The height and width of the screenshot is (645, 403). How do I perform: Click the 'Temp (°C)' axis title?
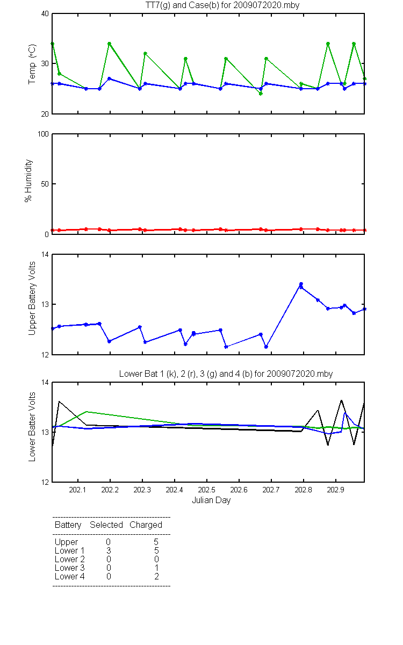pos(32,64)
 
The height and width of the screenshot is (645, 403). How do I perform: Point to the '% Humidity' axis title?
pos(28,181)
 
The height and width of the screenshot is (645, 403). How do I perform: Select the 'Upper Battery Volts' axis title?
pos(32,298)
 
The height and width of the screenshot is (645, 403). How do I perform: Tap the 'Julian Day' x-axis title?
pos(211,500)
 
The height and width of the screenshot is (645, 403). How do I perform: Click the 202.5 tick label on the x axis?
pos(207,490)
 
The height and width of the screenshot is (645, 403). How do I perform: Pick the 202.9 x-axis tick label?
pos(336,490)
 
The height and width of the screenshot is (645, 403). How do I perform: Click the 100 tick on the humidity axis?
pos(43,134)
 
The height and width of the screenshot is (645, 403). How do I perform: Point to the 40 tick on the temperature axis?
pos(45,14)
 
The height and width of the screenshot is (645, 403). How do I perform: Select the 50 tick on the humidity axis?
pos(45,184)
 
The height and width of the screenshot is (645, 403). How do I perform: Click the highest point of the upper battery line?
pos(301,284)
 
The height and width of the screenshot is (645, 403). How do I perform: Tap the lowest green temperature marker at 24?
pos(261,94)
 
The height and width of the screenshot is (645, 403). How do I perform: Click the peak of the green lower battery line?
pos(87,412)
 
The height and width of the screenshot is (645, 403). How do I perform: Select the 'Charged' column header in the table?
pos(146,525)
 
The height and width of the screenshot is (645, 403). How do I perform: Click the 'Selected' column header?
pos(106,525)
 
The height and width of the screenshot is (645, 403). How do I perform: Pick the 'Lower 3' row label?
pos(70,568)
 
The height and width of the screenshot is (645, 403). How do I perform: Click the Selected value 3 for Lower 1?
pos(109,550)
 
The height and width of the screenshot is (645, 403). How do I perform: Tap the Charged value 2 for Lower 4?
pos(156,576)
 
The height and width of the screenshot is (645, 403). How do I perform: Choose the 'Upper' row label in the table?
pos(66,542)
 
